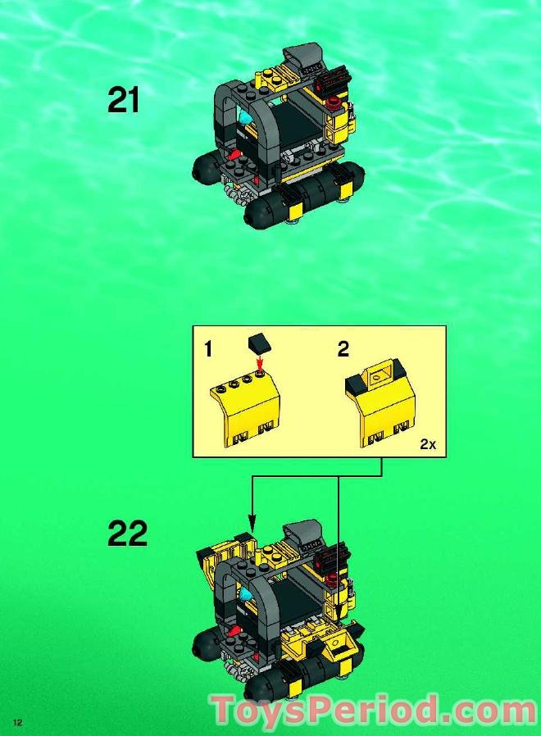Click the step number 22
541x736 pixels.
127,534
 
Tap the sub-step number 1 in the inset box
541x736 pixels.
208,350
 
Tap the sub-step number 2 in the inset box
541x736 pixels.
343,350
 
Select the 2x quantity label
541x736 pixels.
427,443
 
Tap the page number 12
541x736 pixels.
16,720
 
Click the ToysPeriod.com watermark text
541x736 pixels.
373,709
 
